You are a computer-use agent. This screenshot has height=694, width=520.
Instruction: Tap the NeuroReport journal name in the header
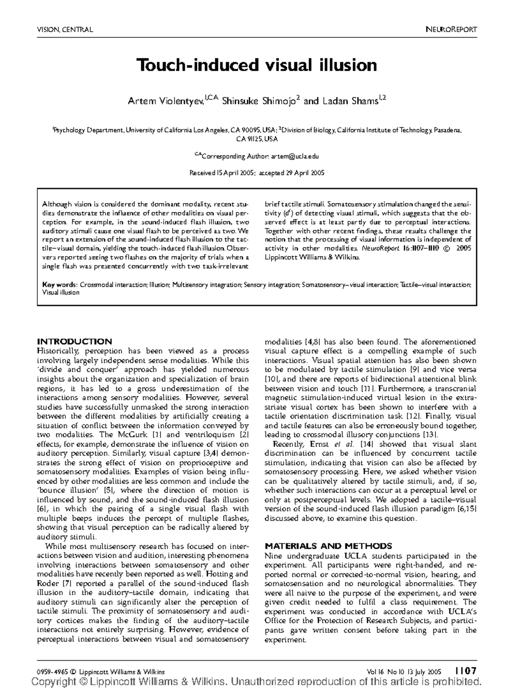[x=451, y=30]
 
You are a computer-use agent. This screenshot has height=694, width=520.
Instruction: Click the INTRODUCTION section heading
[x=75, y=341]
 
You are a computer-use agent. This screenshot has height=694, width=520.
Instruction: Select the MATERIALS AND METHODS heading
[x=328, y=546]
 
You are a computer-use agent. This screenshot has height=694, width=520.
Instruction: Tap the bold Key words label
[x=59, y=285]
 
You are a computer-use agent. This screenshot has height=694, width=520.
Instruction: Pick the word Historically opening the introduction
[x=58, y=351]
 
